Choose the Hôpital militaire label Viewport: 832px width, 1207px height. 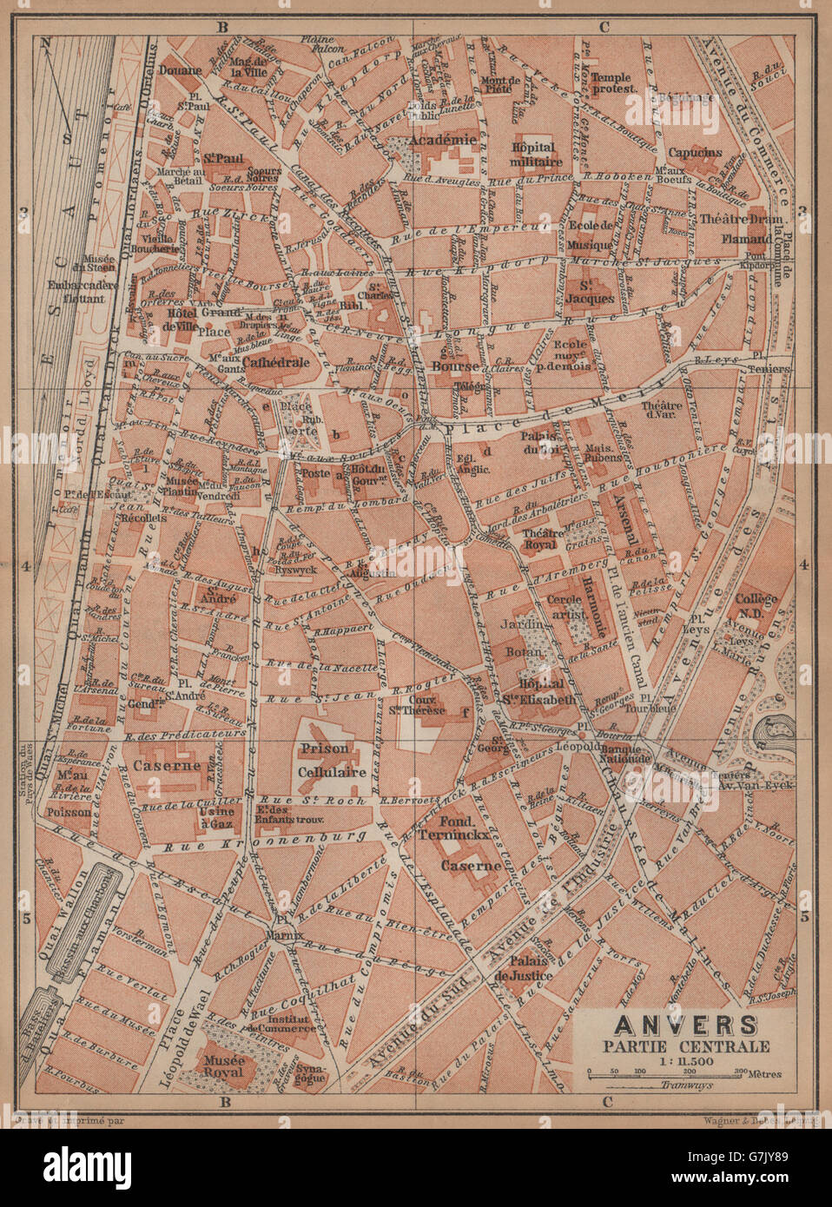click(x=538, y=155)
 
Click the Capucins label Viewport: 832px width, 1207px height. click(x=695, y=153)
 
